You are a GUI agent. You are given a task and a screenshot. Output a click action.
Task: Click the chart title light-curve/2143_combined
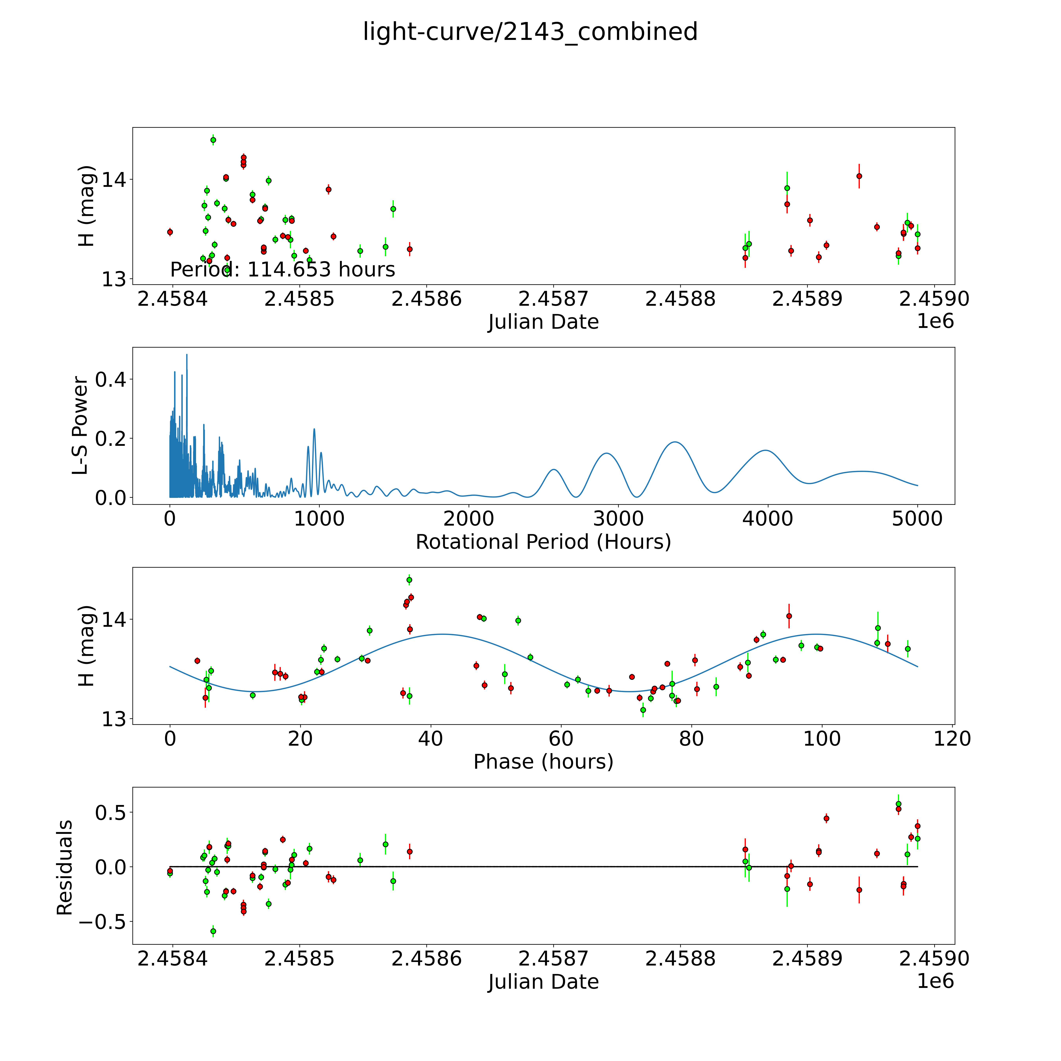(x=530, y=32)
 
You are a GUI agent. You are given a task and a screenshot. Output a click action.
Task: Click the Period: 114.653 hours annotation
(x=282, y=270)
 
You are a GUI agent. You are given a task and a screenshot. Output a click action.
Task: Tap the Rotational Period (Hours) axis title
(x=543, y=542)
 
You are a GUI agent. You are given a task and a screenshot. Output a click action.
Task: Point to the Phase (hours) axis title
(x=543, y=762)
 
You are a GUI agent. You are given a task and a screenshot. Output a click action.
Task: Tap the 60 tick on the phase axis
(x=561, y=739)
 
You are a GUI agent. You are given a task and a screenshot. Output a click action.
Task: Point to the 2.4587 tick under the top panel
(x=553, y=299)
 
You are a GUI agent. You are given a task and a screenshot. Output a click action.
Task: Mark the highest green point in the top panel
(x=213, y=140)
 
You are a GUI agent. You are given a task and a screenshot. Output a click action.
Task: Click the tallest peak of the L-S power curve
(x=187, y=355)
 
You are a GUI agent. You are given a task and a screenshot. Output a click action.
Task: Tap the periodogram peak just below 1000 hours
(x=314, y=429)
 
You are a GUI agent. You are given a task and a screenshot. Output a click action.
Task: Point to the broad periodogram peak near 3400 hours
(x=674, y=442)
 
